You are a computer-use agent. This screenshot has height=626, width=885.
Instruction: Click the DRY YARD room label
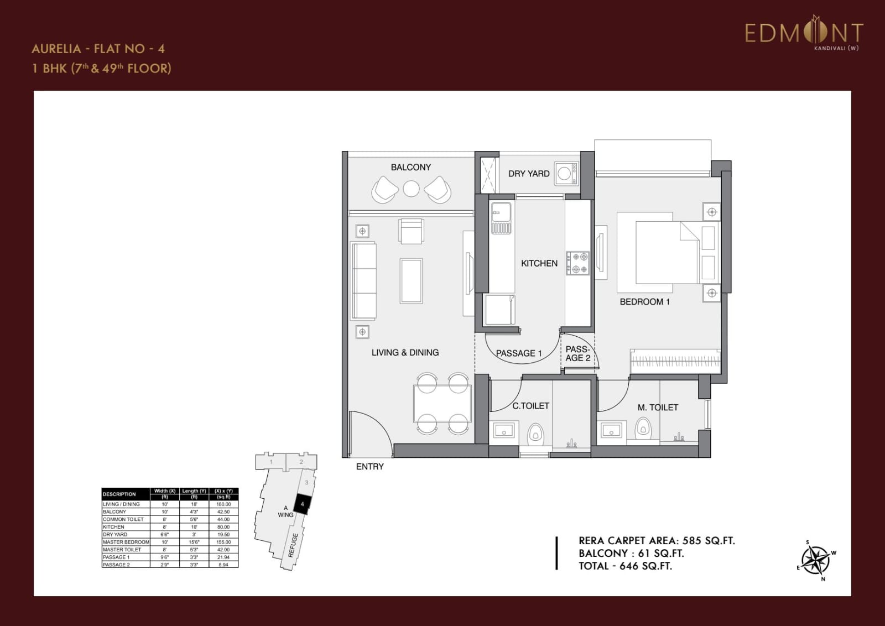click(529, 174)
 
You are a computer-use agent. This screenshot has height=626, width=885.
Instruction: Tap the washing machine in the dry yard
click(565, 173)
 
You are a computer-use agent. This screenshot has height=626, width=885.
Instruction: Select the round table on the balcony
click(411, 189)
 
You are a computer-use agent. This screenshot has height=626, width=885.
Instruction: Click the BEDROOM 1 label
click(644, 302)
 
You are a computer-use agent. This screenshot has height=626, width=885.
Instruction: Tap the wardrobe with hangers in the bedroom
click(675, 362)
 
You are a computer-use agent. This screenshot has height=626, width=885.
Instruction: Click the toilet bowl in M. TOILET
click(642, 429)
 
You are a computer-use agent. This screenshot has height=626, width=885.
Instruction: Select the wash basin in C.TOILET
click(503, 430)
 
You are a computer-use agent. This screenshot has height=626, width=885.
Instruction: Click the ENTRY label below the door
click(369, 467)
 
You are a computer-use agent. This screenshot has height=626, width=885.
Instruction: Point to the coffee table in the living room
click(411, 281)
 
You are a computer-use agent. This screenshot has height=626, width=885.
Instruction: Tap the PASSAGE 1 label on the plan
click(518, 353)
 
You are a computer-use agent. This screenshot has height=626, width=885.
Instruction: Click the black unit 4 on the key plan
click(302, 504)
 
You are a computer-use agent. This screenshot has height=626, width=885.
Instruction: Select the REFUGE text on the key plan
click(293, 545)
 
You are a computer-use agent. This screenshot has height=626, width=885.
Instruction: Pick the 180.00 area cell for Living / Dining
click(223, 504)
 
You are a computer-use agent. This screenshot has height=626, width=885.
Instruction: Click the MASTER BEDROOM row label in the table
click(126, 542)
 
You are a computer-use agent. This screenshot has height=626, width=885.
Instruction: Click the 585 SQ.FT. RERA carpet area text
click(709, 541)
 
